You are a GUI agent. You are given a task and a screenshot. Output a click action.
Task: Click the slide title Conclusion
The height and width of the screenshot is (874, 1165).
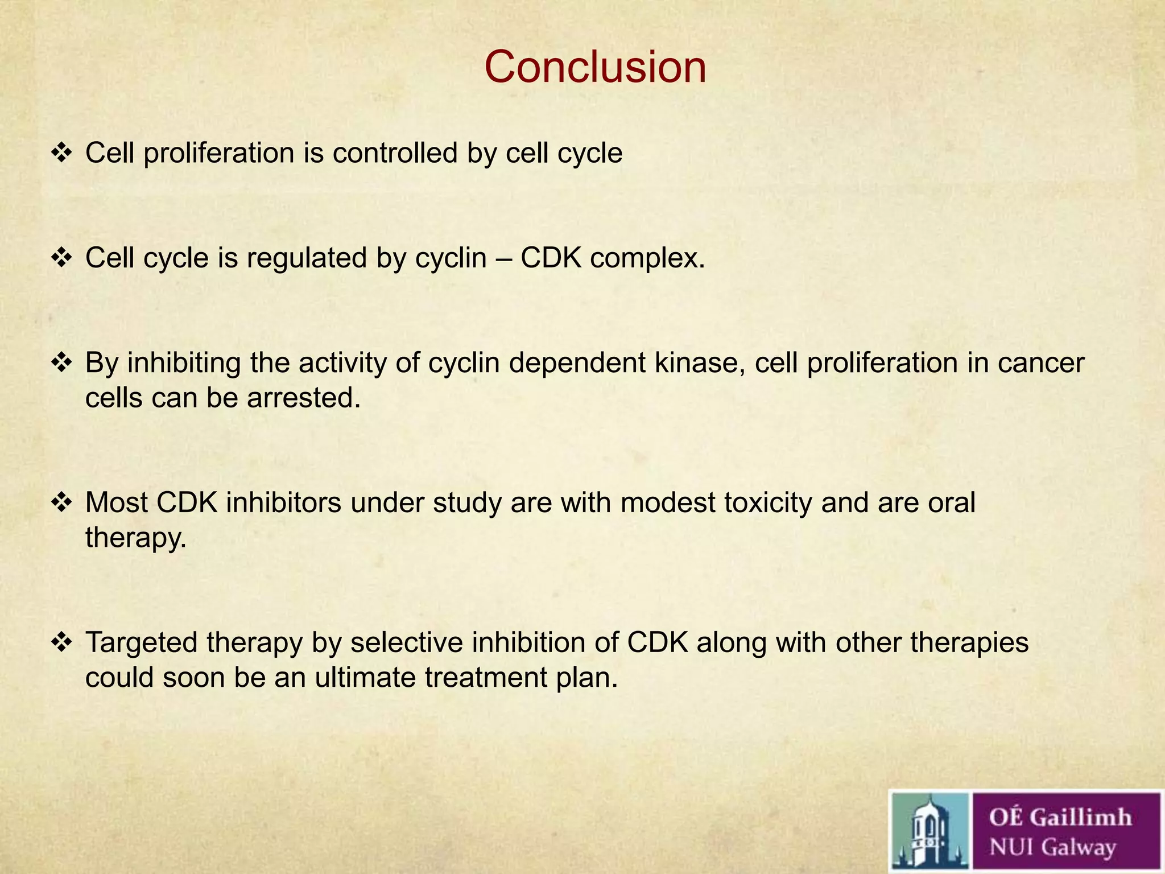(x=595, y=67)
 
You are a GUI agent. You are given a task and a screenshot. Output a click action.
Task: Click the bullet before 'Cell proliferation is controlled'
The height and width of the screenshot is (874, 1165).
(x=61, y=153)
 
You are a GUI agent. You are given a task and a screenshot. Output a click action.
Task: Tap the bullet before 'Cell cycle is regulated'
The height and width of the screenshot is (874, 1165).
(x=61, y=258)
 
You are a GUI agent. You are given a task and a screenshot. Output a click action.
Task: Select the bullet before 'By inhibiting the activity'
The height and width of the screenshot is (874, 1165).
(x=61, y=362)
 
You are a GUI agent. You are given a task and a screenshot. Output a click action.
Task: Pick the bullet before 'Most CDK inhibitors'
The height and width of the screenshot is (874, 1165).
(x=61, y=502)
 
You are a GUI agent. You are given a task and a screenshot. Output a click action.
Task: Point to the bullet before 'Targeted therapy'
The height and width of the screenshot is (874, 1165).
(x=61, y=642)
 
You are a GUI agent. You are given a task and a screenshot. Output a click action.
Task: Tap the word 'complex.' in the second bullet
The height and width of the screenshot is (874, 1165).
(x=647, y=258)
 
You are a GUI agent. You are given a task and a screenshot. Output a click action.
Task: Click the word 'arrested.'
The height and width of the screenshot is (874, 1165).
(x=304, y=398)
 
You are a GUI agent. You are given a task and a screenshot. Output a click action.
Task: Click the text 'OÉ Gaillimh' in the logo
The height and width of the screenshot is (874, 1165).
(x=1060, y=817)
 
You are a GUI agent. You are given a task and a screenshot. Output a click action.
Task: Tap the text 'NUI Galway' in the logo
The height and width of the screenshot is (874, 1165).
(x=1052, y=847)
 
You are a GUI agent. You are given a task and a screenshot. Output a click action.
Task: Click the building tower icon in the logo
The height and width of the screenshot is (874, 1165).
(x=929, y=832)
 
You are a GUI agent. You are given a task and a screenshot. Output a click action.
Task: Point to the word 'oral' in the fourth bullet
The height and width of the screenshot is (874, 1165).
(x=951, y=502)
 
